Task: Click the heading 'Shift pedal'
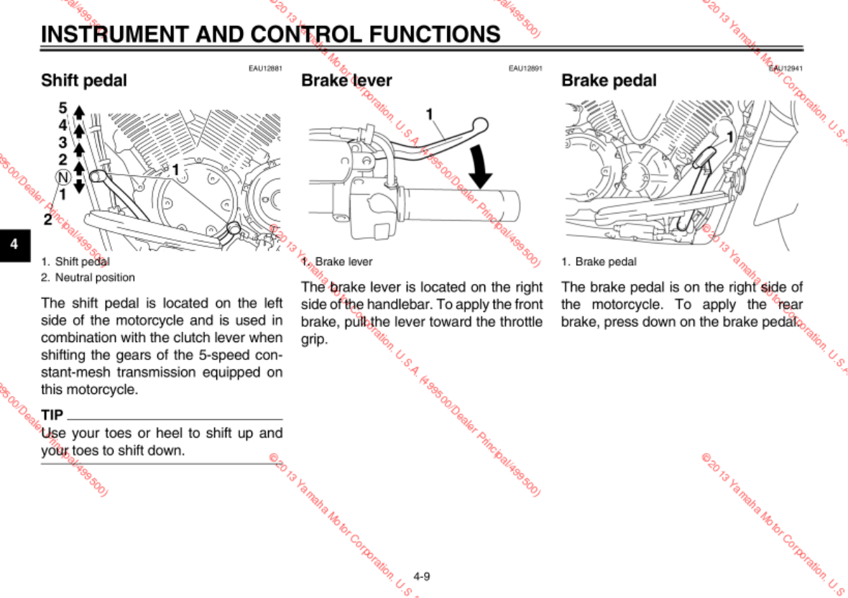(83, 80)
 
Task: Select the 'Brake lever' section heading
(346, 80)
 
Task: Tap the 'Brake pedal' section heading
(609, 80)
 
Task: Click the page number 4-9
(422, 576)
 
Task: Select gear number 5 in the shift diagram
(63, 108)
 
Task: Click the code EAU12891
(525, 68)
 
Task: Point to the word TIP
(52, 415)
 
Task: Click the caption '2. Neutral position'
(88, 277)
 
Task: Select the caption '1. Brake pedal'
(599, 262)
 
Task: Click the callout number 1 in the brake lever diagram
(429, 114)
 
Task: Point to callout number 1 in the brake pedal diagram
(730, 136)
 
